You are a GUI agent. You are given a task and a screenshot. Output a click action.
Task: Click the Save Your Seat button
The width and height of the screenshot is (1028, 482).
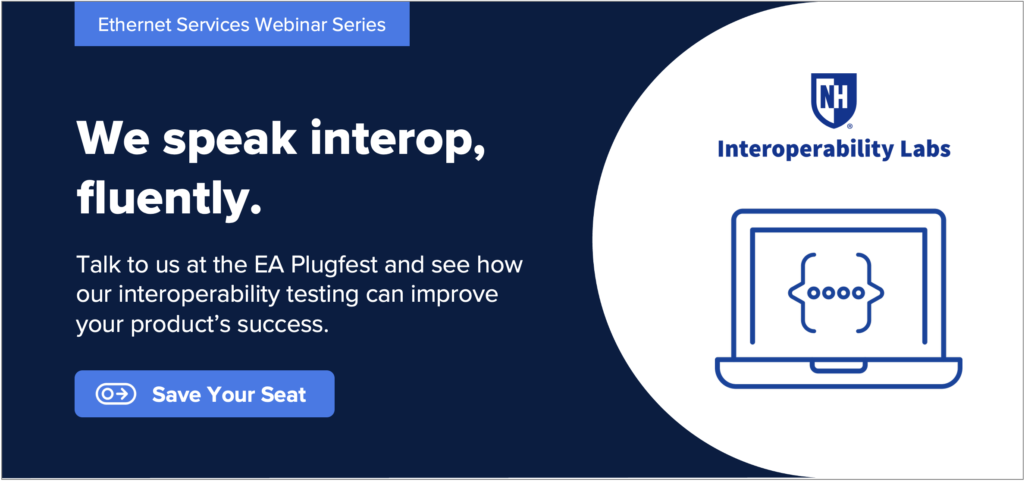(x=204, y=394)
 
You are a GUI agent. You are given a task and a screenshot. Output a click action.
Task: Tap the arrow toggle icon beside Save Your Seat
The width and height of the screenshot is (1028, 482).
(x=116, y=394)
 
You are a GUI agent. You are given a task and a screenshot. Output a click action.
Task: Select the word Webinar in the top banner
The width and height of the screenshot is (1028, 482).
(x=291, y=25)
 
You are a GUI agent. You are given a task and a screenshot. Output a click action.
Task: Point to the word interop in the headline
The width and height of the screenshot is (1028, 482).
(x=398, y=139)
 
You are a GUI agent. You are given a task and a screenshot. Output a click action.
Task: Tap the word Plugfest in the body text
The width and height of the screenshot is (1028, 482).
(x=334, y=264)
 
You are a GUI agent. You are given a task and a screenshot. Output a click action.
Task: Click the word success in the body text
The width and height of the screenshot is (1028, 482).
(x=282, y=324)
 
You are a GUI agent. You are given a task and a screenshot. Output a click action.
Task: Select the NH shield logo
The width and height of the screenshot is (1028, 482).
(x=834, y=100)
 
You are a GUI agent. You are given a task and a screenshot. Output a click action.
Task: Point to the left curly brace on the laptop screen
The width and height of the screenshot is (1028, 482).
(x=802, y=293)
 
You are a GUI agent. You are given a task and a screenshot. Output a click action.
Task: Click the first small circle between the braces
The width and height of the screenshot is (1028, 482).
(x=813, y=293)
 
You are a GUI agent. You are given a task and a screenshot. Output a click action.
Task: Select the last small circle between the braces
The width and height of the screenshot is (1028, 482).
(x=859, y=293)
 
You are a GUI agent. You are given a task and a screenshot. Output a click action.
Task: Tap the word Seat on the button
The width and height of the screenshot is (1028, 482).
(x=283, y=394)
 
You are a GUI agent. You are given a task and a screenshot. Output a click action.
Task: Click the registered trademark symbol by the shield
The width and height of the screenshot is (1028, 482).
(x=850, y=126)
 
